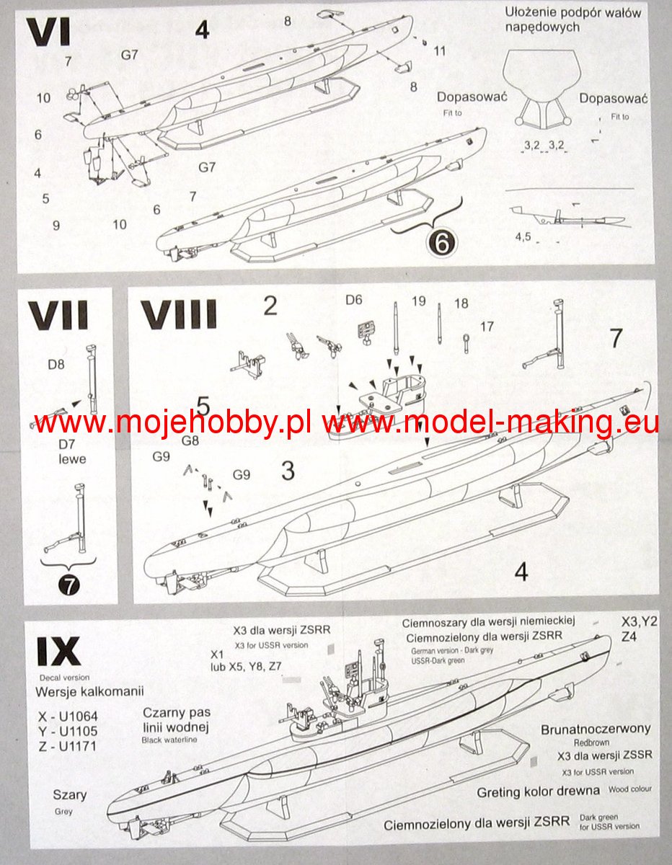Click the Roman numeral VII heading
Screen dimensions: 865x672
click(x=59, y=315)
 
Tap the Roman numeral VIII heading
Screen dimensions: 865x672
click(x=178, y=315)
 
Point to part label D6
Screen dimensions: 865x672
click(x=354, y=300)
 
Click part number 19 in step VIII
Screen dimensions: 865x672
click(x=419, y=301)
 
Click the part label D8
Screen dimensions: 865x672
click(x=56, y=364)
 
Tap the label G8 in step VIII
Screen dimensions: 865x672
click(x=190, y=440)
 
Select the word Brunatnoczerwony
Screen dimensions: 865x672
click(x=596, y=729)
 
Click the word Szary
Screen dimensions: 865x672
click(x=70, y=796)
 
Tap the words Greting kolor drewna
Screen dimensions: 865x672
click(x=538, y=791)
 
